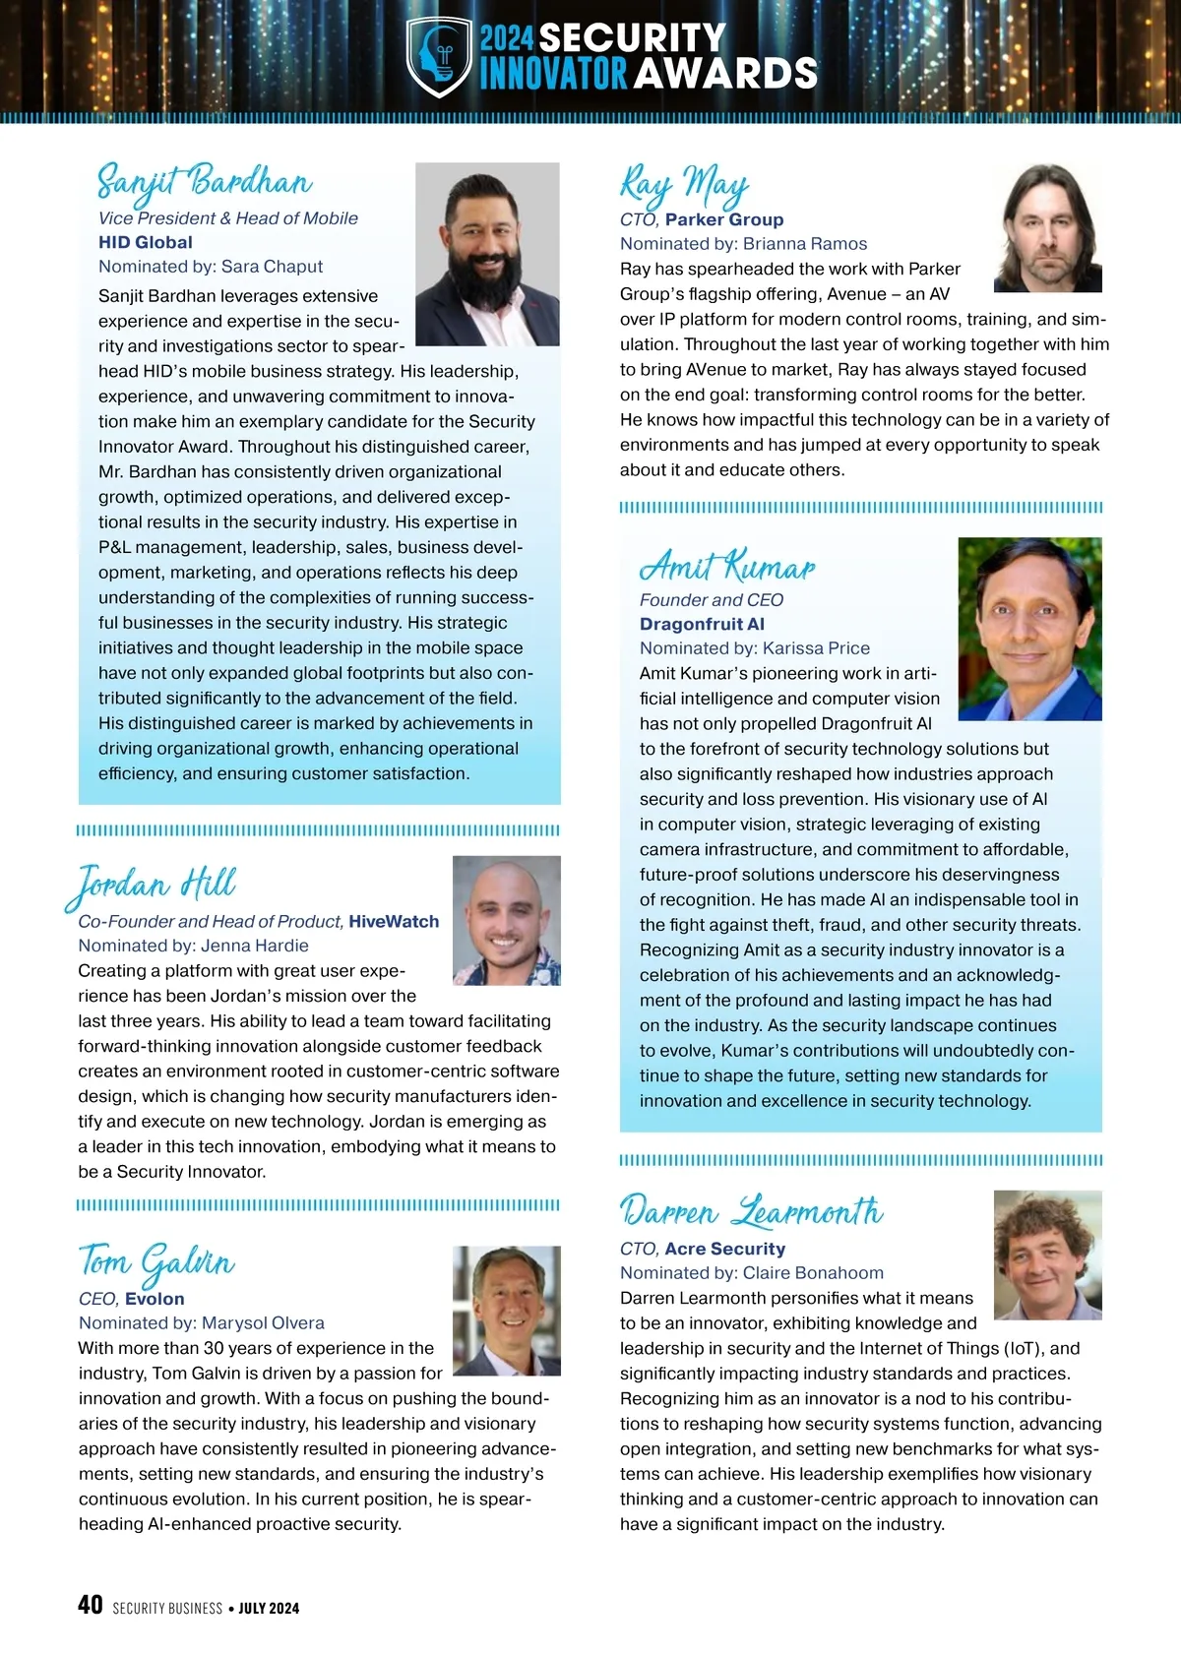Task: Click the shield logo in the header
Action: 439,57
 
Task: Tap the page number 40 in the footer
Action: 90,1605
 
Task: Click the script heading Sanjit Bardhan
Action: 205,183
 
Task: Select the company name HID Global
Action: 146,242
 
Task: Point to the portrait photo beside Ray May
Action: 1047,228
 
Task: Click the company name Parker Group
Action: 724,219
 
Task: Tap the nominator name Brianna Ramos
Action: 805,244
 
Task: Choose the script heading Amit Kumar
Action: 727,567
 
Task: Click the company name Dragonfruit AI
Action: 702,624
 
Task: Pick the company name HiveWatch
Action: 394,922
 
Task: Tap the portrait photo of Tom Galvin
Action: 506,1311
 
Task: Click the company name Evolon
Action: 155,1299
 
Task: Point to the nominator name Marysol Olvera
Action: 263,1323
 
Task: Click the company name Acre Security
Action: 724,1249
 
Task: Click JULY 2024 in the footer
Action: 269,1609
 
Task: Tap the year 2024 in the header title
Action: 507,39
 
